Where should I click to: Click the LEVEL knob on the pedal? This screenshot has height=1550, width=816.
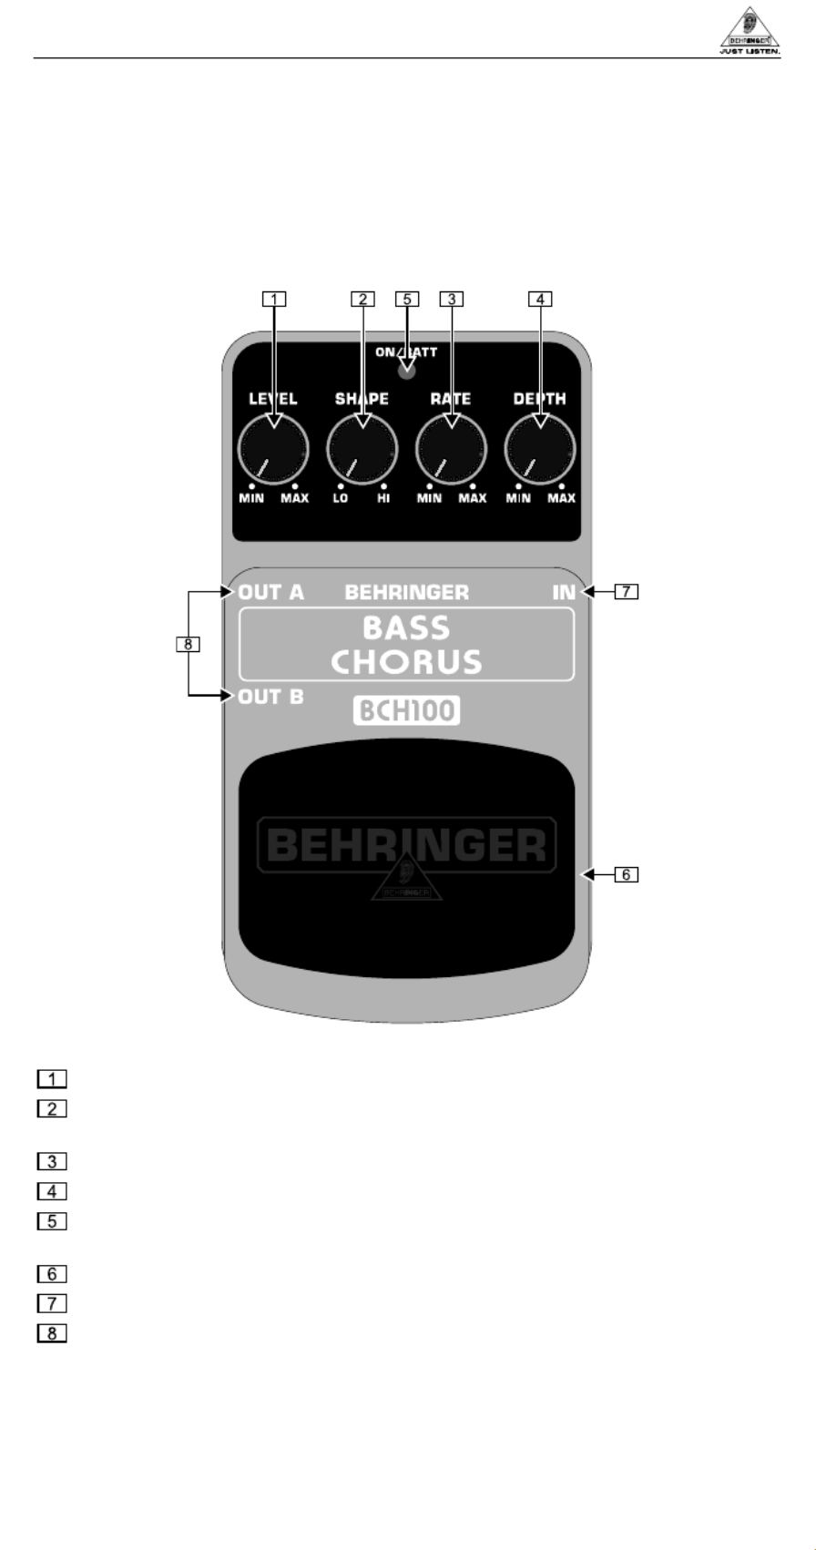[x=272, y=449]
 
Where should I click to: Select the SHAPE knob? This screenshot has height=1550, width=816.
[x=362, y=449]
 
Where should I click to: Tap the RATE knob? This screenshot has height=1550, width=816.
[x=451, y=449]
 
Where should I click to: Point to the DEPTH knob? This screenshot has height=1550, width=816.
[x=540, y=449]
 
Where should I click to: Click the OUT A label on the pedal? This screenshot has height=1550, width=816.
[x=271, y=593]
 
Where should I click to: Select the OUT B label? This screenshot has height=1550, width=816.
[x=271, y=698]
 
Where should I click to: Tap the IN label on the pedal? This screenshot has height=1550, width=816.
[x=564, y=593]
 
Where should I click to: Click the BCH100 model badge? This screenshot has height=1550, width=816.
[x=406, y=710]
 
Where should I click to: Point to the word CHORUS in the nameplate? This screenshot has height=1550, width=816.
[x=406, y=662]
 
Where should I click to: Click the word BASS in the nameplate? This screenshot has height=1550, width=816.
[x=406, y=628]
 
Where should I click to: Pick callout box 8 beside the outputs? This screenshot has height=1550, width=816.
[x=187, y=645]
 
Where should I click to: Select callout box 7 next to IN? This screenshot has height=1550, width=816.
[x=626, y=592]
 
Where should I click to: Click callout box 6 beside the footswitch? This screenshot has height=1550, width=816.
[x=626, y=875]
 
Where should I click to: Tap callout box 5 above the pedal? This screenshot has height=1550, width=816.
[x=407, y=298]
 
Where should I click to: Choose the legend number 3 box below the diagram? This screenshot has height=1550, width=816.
[x=52, y=1162]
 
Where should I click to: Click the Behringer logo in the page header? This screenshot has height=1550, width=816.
[x=750, y=32]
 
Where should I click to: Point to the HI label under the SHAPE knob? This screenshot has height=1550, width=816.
[x=383, y=499]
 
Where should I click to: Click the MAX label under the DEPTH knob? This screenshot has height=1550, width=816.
[x=561, y=499]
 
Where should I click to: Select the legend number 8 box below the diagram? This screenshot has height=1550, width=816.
[x=52, y=1334]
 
